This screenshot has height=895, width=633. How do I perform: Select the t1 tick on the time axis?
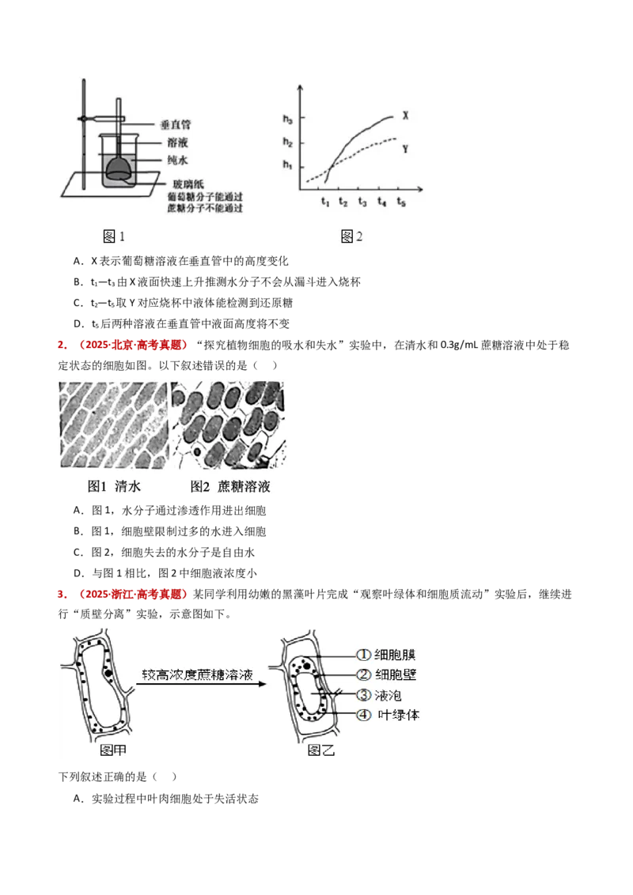(324, 202)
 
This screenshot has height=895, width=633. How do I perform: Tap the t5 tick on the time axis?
(401, 202)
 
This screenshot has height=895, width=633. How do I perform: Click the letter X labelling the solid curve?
(405, 115)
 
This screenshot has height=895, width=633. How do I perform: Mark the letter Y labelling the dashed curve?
(405, 148)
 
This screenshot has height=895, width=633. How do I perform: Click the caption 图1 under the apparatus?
(114, 236)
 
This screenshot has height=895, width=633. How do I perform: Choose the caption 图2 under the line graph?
(351, 236)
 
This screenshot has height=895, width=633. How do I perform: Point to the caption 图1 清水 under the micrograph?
(114, 487)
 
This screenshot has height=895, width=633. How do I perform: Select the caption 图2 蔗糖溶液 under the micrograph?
(230, 487)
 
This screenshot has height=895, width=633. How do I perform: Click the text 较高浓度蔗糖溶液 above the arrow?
(197, 676)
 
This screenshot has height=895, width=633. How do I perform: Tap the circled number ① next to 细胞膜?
(363, 655)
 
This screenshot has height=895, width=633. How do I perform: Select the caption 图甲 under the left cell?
(113, 751)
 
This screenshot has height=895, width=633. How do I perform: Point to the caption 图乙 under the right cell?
(321, 751)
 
